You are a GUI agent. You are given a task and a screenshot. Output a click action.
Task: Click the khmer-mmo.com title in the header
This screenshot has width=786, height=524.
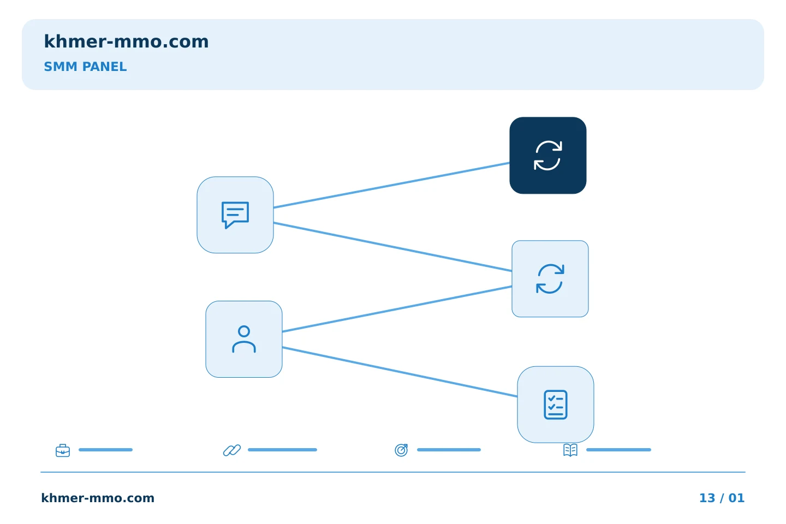[x=126, y=41]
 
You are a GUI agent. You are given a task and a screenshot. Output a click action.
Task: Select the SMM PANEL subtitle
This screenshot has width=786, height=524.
[x=85, y=67]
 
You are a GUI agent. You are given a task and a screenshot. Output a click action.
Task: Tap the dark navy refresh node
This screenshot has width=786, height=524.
[x=548, y=156]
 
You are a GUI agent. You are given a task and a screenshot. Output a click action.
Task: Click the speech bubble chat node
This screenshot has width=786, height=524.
[x=235, y=215]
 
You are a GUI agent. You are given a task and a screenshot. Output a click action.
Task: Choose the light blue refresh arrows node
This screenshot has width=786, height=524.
[x=550, y=279]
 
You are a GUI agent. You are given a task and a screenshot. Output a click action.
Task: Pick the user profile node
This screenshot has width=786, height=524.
[x=244, y=339]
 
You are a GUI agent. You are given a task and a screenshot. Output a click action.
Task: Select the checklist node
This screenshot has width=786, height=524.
[x=556, y=404]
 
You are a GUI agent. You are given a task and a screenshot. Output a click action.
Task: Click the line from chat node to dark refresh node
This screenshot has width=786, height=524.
[x=391, y=186]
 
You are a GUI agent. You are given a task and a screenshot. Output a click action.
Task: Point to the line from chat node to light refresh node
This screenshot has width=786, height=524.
[x=392, y=247]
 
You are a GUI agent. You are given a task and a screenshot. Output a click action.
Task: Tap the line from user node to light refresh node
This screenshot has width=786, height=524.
[x=397, y=309]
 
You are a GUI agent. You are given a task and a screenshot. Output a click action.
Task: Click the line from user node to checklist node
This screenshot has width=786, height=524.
[x=400, y=372]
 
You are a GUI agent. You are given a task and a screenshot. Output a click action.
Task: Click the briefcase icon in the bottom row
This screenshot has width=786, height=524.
[x=63, y=450]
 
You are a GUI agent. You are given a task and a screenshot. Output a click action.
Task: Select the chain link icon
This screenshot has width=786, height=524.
[x=232, y=450]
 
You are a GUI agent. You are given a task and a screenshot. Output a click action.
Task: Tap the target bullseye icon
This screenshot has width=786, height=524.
[x=401, y=450]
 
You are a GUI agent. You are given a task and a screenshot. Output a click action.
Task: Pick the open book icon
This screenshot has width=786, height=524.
[x=570, y=450]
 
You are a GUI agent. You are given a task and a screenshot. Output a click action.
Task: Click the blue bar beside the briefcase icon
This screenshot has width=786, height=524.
[x=106, y=450]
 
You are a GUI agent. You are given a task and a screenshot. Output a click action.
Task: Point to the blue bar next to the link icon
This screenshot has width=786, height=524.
[x=283, y=450]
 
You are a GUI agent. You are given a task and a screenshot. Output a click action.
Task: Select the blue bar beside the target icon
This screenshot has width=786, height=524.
[x=449, y=450]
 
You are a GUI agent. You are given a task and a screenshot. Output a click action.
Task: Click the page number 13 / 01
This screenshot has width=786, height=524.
[x=722, y=498]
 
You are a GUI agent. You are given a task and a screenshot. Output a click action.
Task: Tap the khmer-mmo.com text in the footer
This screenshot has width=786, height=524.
[x=98, y=498]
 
